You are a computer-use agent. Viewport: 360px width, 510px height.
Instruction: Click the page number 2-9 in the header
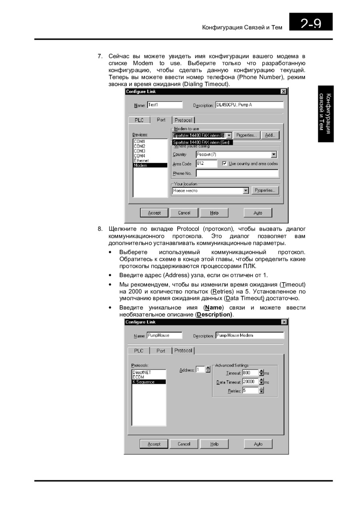311,23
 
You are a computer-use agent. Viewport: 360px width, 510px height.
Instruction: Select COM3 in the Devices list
140,151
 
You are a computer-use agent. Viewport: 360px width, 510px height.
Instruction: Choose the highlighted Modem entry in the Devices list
150,165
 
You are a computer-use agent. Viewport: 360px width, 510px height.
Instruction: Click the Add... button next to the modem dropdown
270,135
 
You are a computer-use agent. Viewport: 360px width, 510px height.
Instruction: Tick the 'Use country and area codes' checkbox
224,164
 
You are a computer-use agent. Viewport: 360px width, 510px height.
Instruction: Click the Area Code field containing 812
206,164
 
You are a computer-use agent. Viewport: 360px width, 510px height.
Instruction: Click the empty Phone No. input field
237,173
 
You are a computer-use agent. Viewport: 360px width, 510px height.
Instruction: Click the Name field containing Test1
164,105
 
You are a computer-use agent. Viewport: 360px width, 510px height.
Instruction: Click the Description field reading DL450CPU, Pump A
249,105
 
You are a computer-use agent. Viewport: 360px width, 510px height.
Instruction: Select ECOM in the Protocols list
138,377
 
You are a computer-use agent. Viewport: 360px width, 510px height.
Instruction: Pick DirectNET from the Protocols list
142,372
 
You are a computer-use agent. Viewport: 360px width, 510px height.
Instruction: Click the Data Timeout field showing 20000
250,382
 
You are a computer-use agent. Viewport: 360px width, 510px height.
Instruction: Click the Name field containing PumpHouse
164,335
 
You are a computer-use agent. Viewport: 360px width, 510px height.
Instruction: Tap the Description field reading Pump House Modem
249,335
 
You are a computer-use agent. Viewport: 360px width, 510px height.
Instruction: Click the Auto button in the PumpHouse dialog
258,444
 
